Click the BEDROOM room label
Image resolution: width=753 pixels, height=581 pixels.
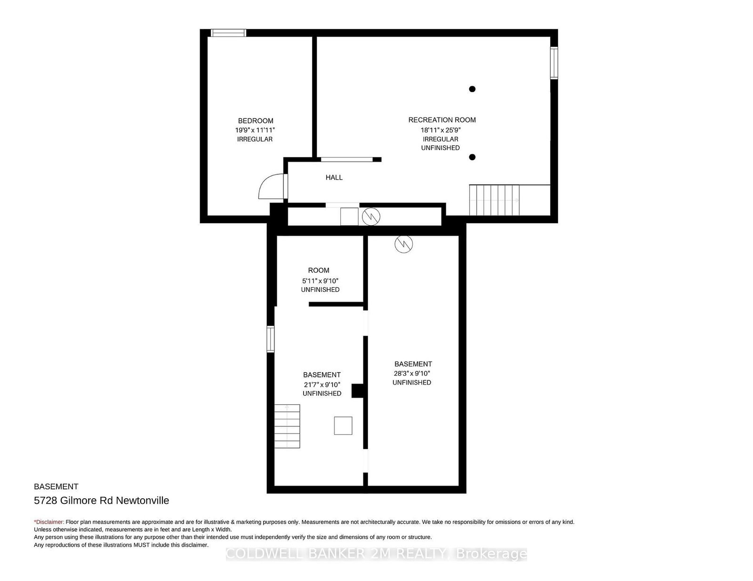coord(256,121)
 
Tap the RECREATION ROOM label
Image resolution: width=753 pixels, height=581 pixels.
coord(442,120)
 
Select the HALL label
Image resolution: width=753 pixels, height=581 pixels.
coord(334,178)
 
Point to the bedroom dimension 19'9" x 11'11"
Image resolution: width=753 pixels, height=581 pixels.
coord(255,130)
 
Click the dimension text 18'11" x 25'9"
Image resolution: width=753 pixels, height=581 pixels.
coord(441,130)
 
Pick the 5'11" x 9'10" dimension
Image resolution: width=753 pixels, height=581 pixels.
coord(320,281)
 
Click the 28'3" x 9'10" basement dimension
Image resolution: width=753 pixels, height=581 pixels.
coord(412,373)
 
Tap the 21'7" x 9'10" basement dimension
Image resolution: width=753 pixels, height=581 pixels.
coord(322,385)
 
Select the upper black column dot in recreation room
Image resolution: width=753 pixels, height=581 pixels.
coord(472,89)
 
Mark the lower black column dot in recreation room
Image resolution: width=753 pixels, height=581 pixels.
coord(472,157)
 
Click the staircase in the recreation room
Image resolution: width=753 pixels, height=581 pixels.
coord(495,200)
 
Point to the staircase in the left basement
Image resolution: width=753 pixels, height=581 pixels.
coord(287,426)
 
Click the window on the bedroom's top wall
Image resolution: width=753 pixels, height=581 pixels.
coord(229,33)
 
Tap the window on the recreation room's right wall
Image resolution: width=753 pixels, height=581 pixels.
coord(554,63)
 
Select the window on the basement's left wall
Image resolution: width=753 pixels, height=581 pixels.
coord(270,339)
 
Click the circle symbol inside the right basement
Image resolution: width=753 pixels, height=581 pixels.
coord(404,244)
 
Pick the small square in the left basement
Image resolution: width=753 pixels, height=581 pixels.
coord(343,425)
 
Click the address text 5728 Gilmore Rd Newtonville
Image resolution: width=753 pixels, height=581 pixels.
coord(102,501)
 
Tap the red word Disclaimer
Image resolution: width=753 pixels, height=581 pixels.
coord(49,522)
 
